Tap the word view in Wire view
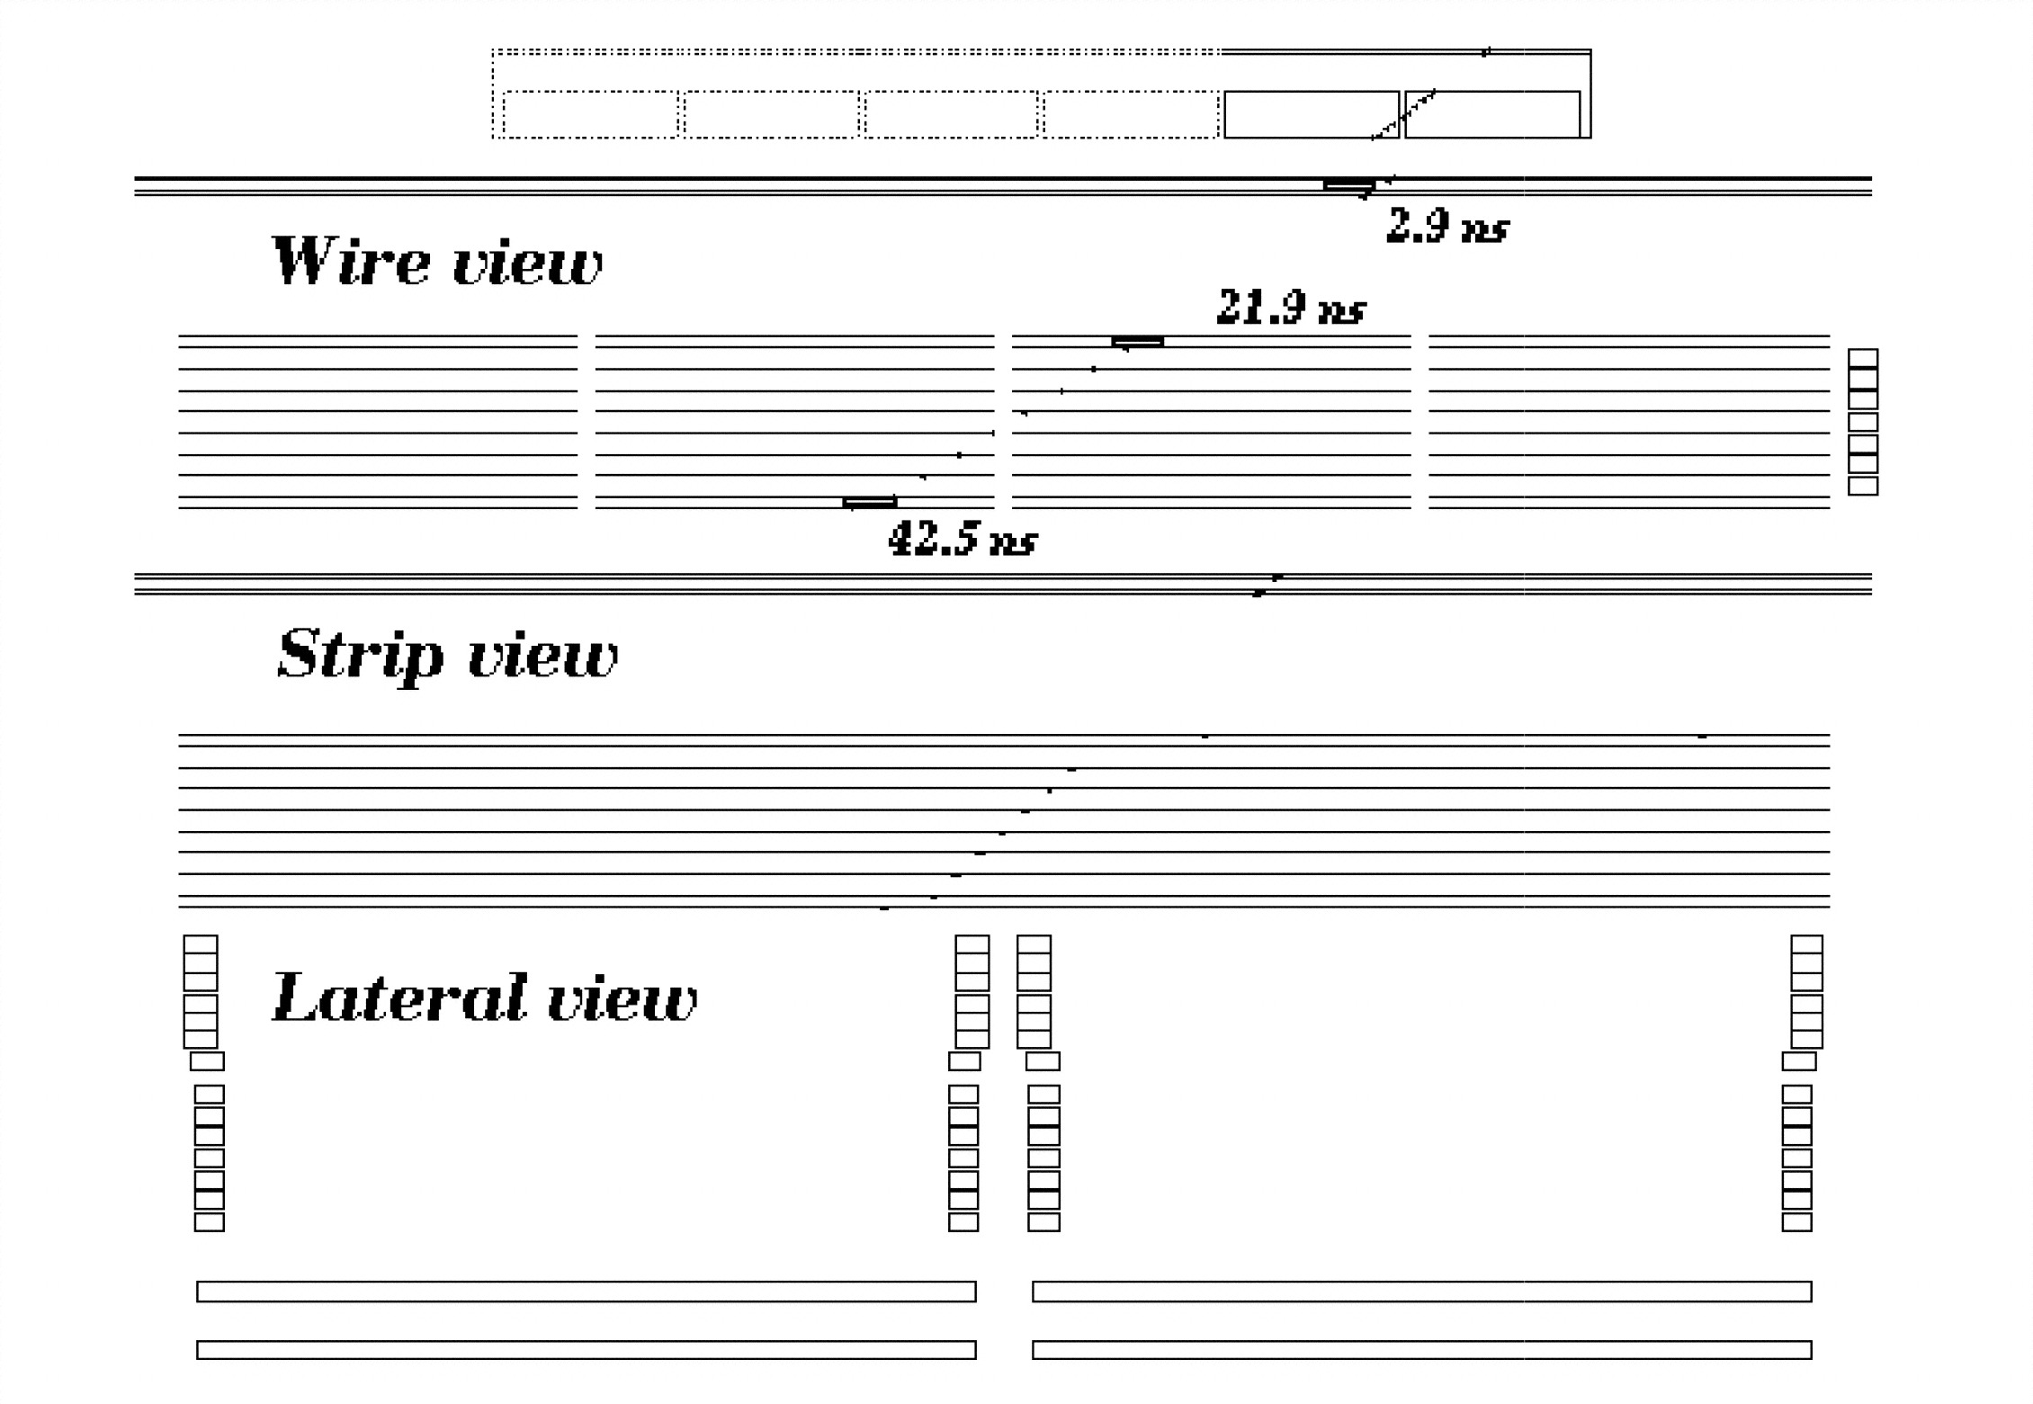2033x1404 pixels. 527,264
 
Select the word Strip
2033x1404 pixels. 360,654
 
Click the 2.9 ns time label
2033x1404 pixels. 1446,226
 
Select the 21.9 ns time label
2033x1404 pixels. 1291,308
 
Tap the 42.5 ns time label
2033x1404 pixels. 962,540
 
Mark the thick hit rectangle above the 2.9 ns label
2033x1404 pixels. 1348,185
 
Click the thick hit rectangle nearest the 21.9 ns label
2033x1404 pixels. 1138,342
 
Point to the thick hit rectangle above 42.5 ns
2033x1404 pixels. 870,502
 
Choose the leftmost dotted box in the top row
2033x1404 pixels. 590,114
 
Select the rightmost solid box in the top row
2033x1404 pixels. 1492,114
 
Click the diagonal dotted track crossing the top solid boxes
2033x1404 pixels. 1403,114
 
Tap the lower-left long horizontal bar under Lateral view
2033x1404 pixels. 586,1350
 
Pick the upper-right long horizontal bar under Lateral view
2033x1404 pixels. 1421,1292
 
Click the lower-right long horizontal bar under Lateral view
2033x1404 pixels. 1421,1350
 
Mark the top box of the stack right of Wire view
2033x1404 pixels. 1863,358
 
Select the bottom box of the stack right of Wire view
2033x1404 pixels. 1863,486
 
